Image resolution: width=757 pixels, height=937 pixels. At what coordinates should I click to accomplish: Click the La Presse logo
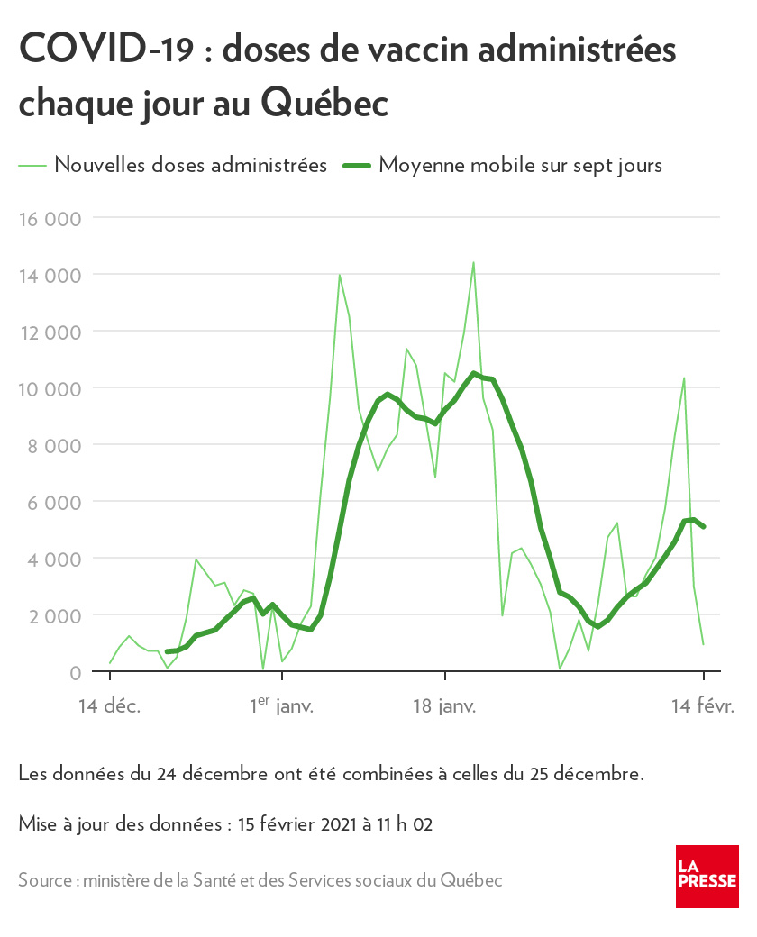pos(707,877)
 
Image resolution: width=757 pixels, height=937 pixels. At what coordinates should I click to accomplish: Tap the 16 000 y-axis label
pos(50,218)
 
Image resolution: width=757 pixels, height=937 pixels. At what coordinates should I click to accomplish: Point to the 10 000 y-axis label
pos(50,388)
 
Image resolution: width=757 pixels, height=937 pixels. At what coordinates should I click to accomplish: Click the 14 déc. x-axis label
pos(109,706)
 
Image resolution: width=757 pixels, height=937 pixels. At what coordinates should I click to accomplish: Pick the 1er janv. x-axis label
pos(281,706)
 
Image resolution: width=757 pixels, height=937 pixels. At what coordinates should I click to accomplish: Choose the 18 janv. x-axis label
pos(444,706)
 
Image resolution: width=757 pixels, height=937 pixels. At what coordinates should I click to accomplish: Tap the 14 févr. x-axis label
pos(703,706)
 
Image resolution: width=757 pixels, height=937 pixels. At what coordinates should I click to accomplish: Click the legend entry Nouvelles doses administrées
pos(190,165)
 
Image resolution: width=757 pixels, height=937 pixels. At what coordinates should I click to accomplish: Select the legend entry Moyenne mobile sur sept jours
pos(521,165)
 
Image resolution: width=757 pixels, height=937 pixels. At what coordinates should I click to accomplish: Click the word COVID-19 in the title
pos(105,50)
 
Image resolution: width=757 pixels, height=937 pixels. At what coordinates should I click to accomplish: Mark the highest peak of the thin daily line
pos(473,262)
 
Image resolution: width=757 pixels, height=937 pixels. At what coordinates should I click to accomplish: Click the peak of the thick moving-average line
pos(474,373)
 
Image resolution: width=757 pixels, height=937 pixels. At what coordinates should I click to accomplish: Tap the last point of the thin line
pos(703,644)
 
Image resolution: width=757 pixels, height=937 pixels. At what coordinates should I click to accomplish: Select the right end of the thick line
pos(703,527)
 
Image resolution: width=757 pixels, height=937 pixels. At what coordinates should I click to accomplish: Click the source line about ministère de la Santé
pos(260,880)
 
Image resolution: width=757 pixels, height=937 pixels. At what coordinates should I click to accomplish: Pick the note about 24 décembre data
pos(331,773)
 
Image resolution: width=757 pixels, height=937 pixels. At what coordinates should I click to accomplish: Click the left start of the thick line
pos(168,651)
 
